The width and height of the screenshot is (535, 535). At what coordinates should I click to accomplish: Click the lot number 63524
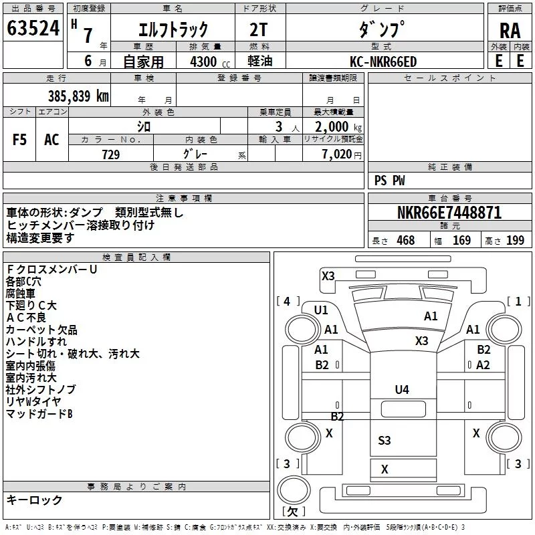pyautogui.click(x=33, y=28)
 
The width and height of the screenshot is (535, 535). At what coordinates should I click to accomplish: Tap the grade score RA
pyautogui.click(x=510, y=31)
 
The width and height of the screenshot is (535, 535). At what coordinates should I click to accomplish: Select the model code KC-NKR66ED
pyautogui.click(x=383, y=62)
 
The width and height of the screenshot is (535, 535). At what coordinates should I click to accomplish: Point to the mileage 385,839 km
pyautogui.click(x=78, y=96)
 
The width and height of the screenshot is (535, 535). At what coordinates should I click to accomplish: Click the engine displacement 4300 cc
pyautogui.click(x=210, y=62)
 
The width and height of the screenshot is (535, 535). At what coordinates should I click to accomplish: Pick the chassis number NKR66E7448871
pyautogui.click(x=449, y=213)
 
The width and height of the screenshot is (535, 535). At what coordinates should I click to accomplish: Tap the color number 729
pyautogui.click(x=111, y=154)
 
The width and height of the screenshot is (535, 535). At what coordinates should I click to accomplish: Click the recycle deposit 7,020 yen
pyautogui.click(x=342, y=154)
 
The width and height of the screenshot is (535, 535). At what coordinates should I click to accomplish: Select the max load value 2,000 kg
pyautogui.click(x=338, y=127)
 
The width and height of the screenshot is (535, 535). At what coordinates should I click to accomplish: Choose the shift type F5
pyautogui.click(x=19, y=140)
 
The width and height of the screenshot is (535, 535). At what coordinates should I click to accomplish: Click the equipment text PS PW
pyautogui.click(x=389, y=180)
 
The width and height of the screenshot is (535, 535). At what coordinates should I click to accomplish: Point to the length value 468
pyautogui.click(x=405, y=240)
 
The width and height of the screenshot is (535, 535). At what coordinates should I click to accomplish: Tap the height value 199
pyautogui.click(x=515, y=240)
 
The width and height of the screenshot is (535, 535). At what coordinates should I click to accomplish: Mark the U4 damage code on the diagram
pyautogui.click(x=402, y=389)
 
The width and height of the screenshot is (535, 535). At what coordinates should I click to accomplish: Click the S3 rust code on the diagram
pyautogui.click(x=384, y=440)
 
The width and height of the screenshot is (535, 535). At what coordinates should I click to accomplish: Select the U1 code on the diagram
pyautogui.click(x=321, y=310)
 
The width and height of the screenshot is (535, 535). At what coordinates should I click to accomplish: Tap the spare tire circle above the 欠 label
pyautogui.click(x=294, y=490)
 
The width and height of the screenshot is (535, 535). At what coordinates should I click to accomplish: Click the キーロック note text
pyautogui.click(x=34, y=500)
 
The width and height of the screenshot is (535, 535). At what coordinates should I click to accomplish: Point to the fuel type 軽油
pyautogui.click(x=260, y=61)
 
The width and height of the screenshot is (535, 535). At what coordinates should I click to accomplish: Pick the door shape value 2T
pyautogui.click(x=258, y=29)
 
